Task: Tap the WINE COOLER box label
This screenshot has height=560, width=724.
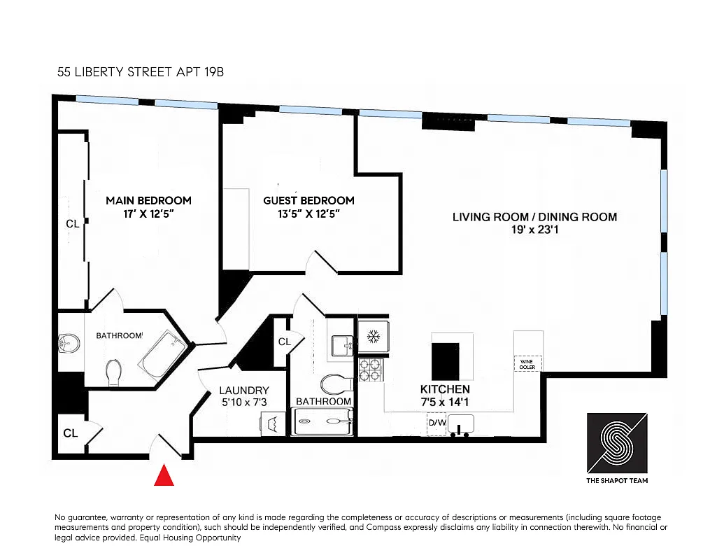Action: [x=527, y=363]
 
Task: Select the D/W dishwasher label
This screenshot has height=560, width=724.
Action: [x=437, y=423]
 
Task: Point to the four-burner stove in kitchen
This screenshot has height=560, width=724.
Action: [x=370, y=369]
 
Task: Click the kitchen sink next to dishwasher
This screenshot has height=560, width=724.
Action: [x=461, y=424]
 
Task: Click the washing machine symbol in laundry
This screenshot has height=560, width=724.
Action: [x=273, y=423]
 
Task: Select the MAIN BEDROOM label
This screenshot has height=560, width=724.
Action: [x=148, y=200]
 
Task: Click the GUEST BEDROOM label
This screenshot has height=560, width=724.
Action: [x=308, y=200]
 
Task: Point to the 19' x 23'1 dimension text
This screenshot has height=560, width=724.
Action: [x=534, y=229]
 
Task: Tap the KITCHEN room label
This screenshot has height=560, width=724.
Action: [x=445, y=389]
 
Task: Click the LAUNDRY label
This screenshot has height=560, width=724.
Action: [x=243, y=391]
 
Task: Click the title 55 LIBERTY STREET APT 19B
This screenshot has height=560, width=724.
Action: [x=140, y=72]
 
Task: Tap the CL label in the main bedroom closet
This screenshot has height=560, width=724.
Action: [x=72, y=225]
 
